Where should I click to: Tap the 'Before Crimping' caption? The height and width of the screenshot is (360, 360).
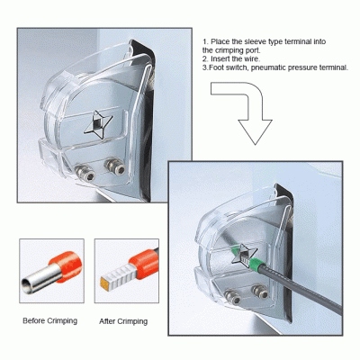pyautogui.click(x=50, y=320)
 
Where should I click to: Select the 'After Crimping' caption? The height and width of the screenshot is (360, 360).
pyautogui.click(x=123, y=321)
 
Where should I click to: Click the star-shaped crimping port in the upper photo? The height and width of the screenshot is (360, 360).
pyautogui.click(x=98, y=124)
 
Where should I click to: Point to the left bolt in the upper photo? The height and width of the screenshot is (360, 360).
pyautogui.click(x=85, y=173)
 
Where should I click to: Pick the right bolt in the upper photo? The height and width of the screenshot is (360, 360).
pyautogui.click(x=114, y=166)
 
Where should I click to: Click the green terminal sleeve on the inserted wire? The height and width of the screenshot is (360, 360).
pyautogui.click(x=257, y=265)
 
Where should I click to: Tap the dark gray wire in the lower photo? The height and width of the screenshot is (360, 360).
pyautogui.click(x=300, y=288)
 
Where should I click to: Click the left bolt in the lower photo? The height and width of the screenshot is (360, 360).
pyautogui.click(x=232, y=296)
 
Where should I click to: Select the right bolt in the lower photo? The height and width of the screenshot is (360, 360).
pyautogui.click(x=260, y=291)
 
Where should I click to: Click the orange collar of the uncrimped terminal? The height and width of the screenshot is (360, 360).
pyautogui.click(x=67, y=265)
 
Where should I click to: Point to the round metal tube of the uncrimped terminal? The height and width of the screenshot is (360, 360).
pyautogui.click(x=40, y=279)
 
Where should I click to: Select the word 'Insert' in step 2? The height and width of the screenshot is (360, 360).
pyautogui.click(x=220, y=58)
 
